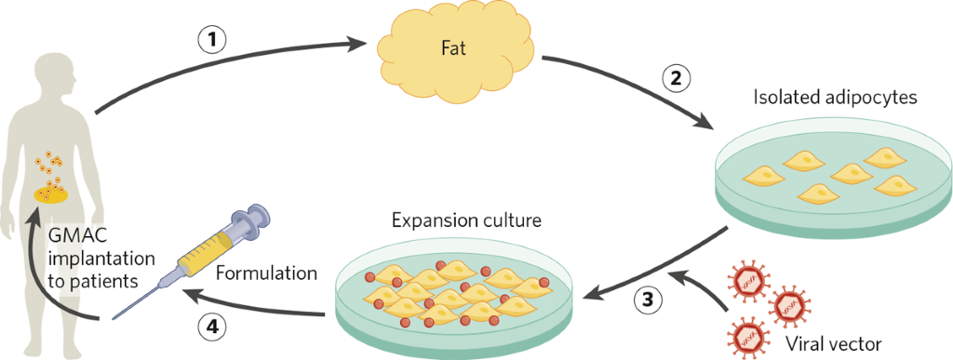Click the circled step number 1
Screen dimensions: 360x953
tap(213, 40)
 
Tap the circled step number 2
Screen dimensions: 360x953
tap(677, 79)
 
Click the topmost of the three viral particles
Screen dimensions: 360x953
tap(750, 276)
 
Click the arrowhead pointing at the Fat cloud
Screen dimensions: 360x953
tap(357, 42)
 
